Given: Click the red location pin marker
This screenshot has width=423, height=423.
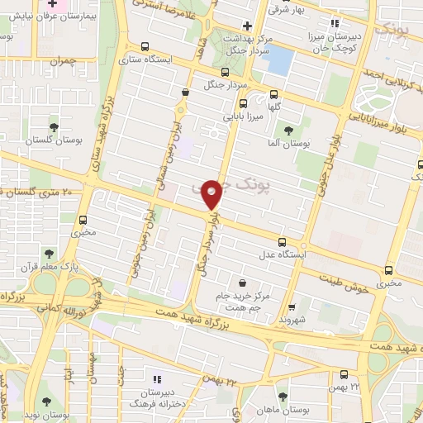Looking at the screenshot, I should tap(213, 194).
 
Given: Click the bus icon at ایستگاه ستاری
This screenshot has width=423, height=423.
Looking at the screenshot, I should tap(146, 47).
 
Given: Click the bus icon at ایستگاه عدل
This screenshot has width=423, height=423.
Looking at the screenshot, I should tap(283, 242).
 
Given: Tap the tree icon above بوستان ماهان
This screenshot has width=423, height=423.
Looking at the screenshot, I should tap(283, 397).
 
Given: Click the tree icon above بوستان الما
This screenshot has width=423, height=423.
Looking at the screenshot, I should tap(288, 131).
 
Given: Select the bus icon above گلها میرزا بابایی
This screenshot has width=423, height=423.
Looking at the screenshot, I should tap(243, 104).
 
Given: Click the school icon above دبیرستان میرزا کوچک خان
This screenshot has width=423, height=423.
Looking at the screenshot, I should tap(335, 23).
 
